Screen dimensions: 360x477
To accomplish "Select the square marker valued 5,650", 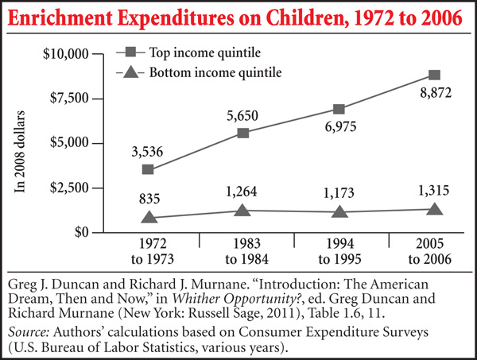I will pos(243,133).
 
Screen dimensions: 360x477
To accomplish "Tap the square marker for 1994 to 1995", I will pos(339,109).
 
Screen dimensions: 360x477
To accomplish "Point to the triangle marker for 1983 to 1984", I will pos(243,210).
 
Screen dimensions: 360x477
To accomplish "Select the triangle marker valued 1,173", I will pos(339,211).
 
